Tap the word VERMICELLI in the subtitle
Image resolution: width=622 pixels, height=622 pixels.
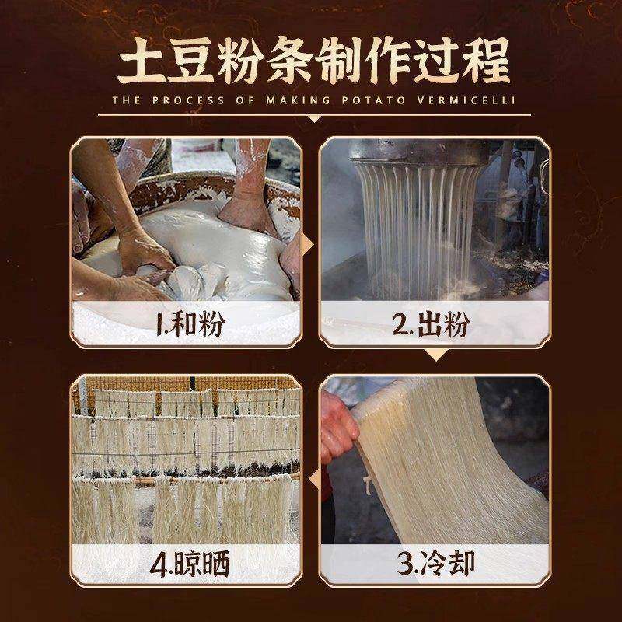pyautogui.click(x=470, y=100)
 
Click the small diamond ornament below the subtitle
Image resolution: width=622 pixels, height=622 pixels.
pyautogui.click(x=311, y=119)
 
